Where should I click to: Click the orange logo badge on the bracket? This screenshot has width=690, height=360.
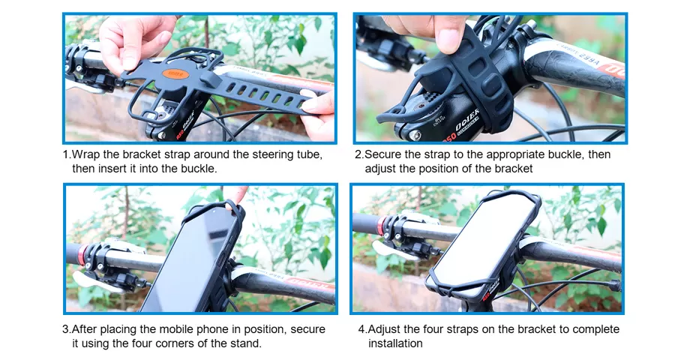(x=175, y=74)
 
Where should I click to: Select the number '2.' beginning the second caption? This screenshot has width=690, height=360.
(x=359, y=154)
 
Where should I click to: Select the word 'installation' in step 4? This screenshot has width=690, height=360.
(x=395, y=343)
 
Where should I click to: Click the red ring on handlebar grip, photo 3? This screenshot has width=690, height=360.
(x=82, y=254)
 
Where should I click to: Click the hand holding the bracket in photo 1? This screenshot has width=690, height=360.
(x=136, y=43)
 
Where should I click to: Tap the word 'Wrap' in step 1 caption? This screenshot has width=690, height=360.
(x=85, y=155)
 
